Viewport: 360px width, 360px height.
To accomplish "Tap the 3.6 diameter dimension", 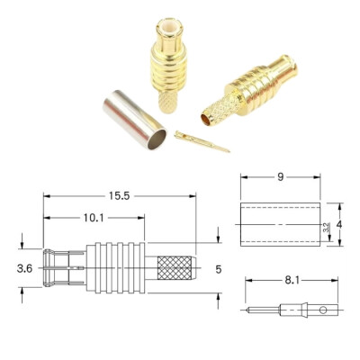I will pos(25,267).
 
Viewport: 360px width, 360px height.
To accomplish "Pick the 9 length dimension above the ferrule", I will pos(280,177).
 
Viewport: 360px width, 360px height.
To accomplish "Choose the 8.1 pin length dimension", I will pos(292,281).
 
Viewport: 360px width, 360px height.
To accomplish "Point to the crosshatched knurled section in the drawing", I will pos(175,268).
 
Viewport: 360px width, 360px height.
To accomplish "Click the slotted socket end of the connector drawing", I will pos(63,267).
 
